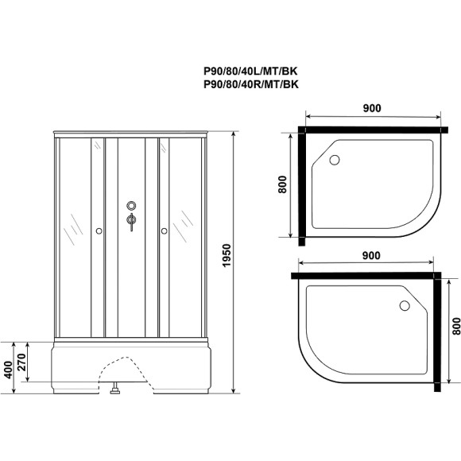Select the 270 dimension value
pyautogui.click(x=31, y=362)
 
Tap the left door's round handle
pyautogui.click(x=98, y=231)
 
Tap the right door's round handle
pyautogui.click(x=163, y=231)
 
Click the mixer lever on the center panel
pyautogui.click(x=130, y=223)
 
